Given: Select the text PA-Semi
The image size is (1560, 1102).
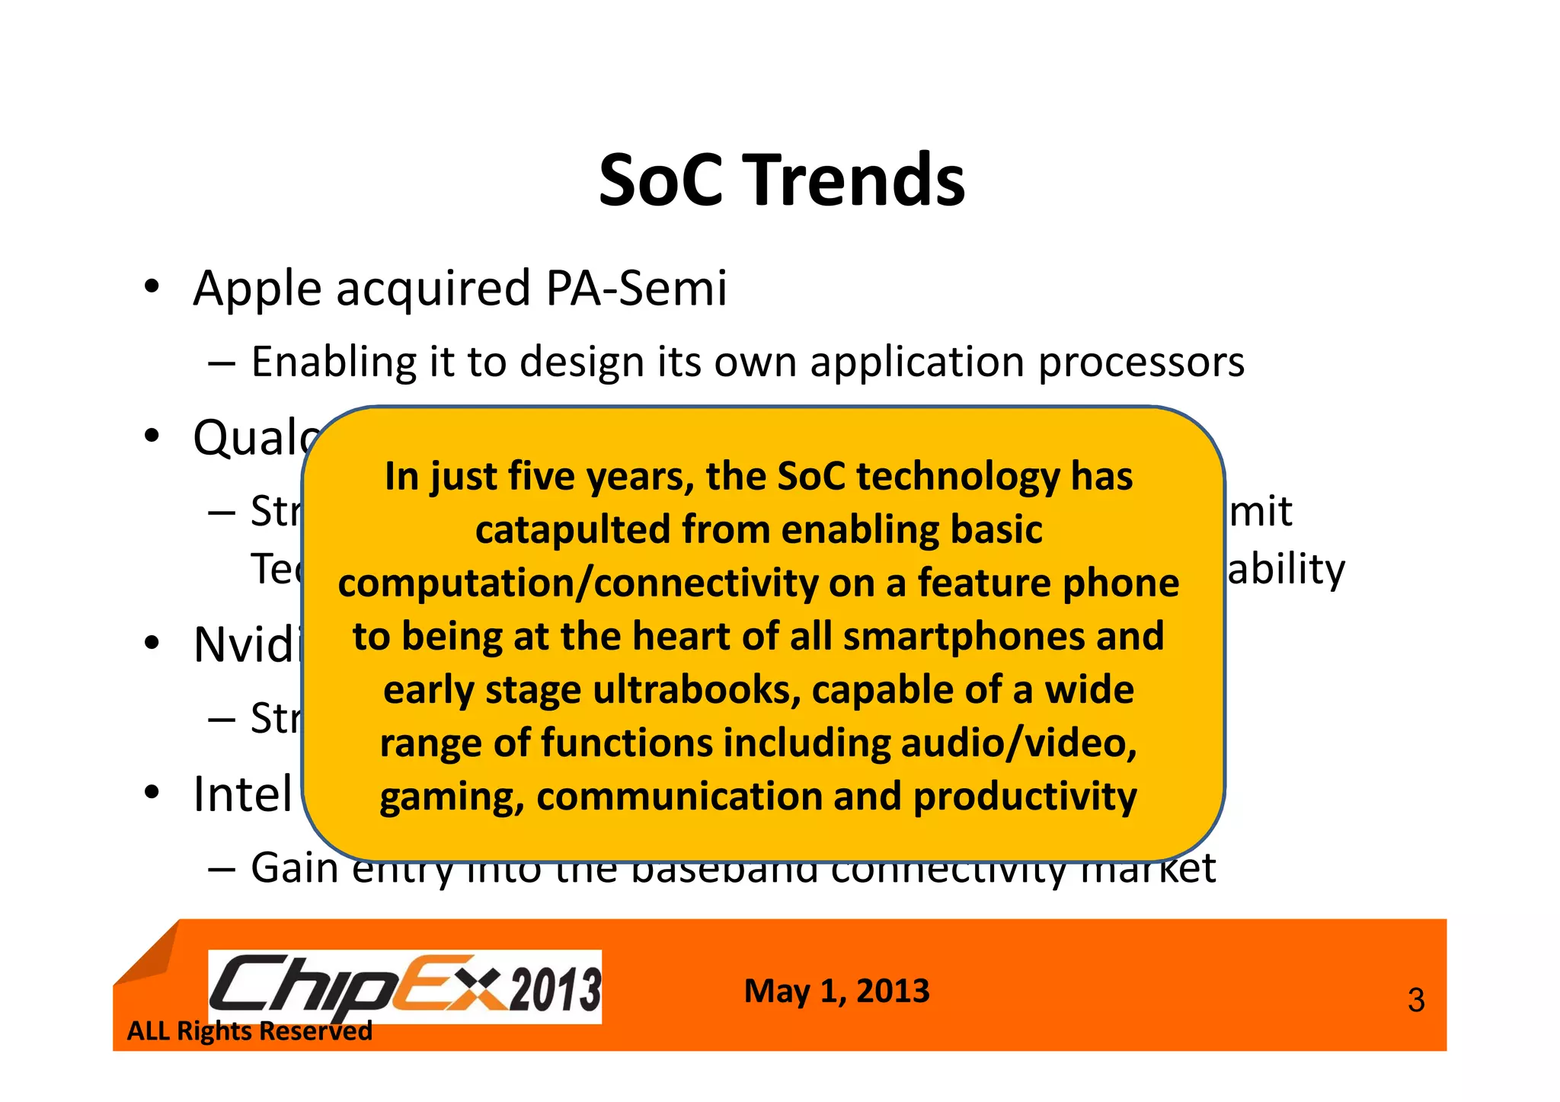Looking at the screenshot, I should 636,289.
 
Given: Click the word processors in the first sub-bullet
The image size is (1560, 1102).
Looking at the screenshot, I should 1141,363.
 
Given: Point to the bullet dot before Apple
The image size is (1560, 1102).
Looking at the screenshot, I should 152,287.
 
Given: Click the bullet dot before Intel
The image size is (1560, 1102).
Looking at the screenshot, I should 152,793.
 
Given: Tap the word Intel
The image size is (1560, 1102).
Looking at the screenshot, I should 242,794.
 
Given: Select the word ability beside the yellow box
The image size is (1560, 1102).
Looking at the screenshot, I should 1286,570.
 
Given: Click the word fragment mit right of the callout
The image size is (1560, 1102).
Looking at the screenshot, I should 1261,511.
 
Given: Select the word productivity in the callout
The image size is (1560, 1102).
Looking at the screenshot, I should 1025,797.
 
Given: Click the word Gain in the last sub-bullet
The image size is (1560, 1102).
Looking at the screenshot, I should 295,868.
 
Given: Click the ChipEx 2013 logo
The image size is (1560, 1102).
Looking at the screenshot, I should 404,987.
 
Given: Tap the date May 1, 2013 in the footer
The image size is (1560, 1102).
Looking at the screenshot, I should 836,991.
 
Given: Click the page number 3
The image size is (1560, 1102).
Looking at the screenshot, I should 1415,1000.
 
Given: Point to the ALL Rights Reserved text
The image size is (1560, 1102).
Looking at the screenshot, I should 249,1031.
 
